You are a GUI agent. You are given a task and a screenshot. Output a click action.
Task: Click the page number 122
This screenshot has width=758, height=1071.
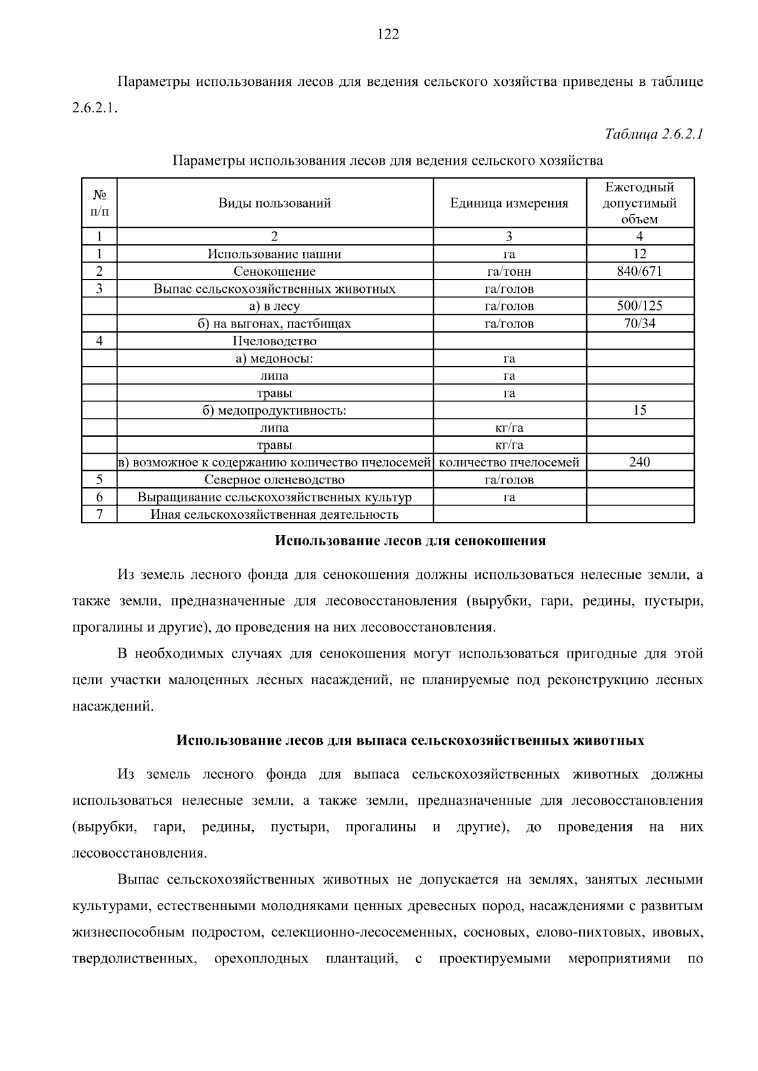click(388, 35)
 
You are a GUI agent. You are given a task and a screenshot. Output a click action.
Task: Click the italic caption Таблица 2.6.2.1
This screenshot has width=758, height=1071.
click(654, 134)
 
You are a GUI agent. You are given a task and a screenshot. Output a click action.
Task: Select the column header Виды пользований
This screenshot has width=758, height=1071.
click(275, 203)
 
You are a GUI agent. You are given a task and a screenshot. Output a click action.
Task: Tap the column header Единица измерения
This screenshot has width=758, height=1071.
click(509, 203)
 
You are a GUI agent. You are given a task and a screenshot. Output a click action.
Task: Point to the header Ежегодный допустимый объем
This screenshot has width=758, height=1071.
click(639, 203)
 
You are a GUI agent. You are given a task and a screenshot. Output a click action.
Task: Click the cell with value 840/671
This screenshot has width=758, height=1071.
click(639, 271)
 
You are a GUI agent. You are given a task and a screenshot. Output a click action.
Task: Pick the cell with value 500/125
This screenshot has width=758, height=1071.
click(639, 306)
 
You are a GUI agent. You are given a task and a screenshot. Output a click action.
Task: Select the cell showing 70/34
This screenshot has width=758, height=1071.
click(639, 324)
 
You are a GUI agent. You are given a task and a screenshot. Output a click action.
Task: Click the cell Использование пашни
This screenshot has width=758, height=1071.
click(275, 254)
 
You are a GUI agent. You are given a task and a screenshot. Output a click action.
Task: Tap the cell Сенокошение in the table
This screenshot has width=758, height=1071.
click(275, 271)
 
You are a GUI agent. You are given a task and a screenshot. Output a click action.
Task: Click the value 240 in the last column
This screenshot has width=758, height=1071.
click(639, 462)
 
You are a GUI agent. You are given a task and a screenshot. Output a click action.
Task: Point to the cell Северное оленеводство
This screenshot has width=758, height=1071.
click(275, 480)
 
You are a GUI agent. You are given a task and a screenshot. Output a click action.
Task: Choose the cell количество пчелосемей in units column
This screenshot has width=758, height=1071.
click(509, 462)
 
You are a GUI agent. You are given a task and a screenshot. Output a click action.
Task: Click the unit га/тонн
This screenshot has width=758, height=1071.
click(509, 271)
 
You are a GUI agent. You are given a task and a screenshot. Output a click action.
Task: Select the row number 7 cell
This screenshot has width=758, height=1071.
click(99, 514)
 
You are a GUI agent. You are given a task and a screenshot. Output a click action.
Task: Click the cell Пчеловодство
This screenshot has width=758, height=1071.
click(275, 341)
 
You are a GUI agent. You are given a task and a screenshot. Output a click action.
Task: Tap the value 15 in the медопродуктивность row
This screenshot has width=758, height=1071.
click(639, 410)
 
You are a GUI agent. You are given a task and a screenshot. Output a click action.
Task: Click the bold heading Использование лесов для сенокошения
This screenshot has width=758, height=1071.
click(411, 541)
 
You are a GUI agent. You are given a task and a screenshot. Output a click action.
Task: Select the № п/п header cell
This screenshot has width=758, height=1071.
click(99, 203)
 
